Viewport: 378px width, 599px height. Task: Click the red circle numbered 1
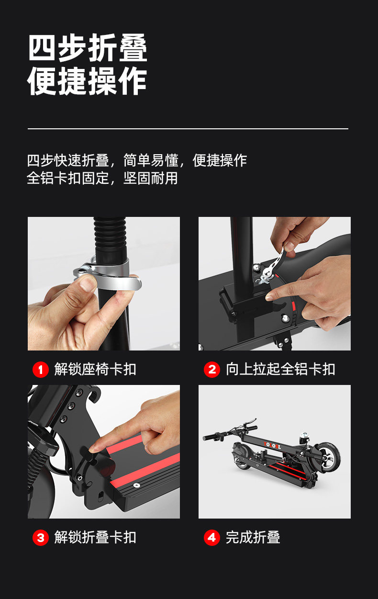click(41, 370)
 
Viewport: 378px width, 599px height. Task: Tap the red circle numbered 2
click(212, 370)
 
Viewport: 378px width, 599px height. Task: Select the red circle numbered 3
click(41, 538)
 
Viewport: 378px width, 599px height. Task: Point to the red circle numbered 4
click(212, 538)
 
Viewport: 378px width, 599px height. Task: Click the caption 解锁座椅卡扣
click(95, 370)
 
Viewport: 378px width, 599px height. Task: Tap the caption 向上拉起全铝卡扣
click(280, 370)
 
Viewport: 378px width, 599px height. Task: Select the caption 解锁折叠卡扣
click(95, 537)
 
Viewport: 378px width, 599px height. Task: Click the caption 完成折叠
click(253, 537)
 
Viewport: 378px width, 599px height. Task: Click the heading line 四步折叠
click(88, 48)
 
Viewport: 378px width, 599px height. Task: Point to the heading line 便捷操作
click(87, 81)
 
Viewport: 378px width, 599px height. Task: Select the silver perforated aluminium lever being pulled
click(273, 263)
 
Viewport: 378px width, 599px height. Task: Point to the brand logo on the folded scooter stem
click(272, 445)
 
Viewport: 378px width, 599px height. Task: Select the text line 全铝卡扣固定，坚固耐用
click(102, 178)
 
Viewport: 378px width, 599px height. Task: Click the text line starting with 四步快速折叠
click(137, 160)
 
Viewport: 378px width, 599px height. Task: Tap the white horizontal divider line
click(188, 129)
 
